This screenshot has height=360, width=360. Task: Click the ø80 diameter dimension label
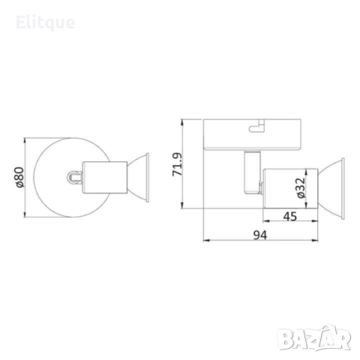click(x=19, y=177)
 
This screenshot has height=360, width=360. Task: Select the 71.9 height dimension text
click(x=178, y=164)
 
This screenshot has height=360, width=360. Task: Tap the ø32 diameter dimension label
click(x=301, y=187)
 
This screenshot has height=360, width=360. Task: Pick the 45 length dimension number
click(x=290, y=217)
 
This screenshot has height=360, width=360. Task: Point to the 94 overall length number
click(x=260, y=235)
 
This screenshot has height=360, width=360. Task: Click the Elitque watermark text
click(x=45, y=23)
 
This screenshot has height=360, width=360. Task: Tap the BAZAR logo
click(x=314, y=338)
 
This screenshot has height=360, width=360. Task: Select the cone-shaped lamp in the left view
click(x=138, y=178)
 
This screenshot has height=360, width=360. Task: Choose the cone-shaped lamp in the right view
click(x=331, y=189)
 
